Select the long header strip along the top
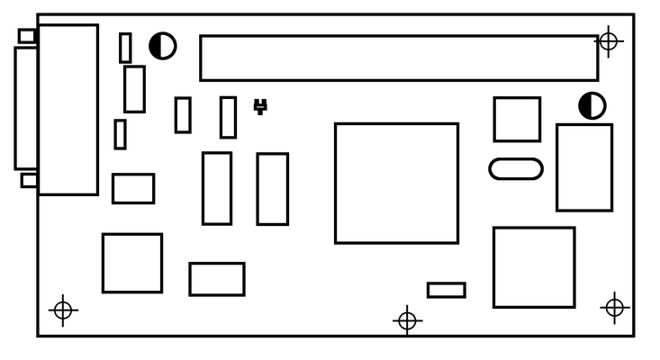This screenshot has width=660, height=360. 398,58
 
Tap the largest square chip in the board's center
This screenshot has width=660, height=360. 396,183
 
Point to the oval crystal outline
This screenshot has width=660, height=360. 516,168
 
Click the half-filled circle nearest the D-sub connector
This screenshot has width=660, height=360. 162,46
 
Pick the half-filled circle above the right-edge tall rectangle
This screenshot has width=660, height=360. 592,105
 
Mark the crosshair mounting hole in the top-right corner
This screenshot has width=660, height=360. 609,40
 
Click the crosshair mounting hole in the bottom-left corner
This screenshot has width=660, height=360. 62,310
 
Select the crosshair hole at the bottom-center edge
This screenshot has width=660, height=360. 407,319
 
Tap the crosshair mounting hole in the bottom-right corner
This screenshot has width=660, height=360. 614,308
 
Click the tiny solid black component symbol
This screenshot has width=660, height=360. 260,106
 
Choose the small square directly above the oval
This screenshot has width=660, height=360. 517,119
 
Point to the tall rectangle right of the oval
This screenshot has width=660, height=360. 583,167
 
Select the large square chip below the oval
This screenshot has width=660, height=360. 533,267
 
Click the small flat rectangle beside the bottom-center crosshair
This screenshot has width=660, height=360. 446,290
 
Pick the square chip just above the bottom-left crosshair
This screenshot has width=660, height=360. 131,263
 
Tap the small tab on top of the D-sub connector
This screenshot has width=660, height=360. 27,36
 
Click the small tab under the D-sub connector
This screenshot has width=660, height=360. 29,180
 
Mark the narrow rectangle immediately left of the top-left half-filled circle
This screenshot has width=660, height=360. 125,48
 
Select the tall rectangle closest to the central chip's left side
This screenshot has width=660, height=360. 272,188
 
